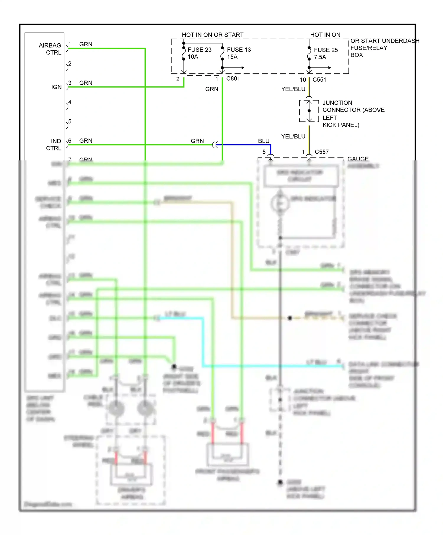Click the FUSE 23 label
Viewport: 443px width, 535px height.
pos(199,50)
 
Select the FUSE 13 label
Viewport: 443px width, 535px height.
pos(239,50)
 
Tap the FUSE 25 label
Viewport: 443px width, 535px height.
pos(326,50)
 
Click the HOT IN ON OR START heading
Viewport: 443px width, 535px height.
pos(213,35)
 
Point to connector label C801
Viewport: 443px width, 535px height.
pos(233,78)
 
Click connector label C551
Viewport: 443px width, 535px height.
pos(319,80)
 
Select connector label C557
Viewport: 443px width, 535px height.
pos(322,152)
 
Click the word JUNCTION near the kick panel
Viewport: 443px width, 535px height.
pos(337,103)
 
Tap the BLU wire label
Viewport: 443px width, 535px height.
pos(264,141)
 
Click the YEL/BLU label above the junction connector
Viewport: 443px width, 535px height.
pos(293,89)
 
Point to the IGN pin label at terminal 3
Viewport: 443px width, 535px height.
pos(56,87)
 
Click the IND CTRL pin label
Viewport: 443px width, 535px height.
pos(54,145)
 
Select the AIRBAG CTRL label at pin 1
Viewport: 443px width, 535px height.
pos(50,49)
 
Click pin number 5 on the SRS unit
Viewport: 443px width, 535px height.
pos(70,122)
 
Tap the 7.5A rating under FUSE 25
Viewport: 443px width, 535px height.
pos(320,57)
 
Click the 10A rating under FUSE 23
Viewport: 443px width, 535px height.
pos(193,57)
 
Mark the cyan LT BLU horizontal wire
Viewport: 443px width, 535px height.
pos(266,366)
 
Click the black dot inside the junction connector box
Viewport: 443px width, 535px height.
pos(309,111)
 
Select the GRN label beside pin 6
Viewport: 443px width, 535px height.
pos(86,141)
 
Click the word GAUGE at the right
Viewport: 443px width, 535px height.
pos(358,159)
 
